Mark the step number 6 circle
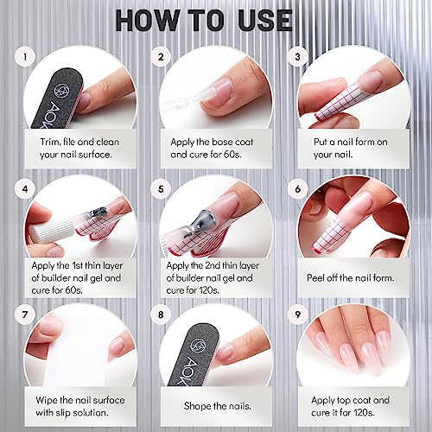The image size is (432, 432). coord(299,187)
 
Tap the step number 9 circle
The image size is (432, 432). coord(299,316)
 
